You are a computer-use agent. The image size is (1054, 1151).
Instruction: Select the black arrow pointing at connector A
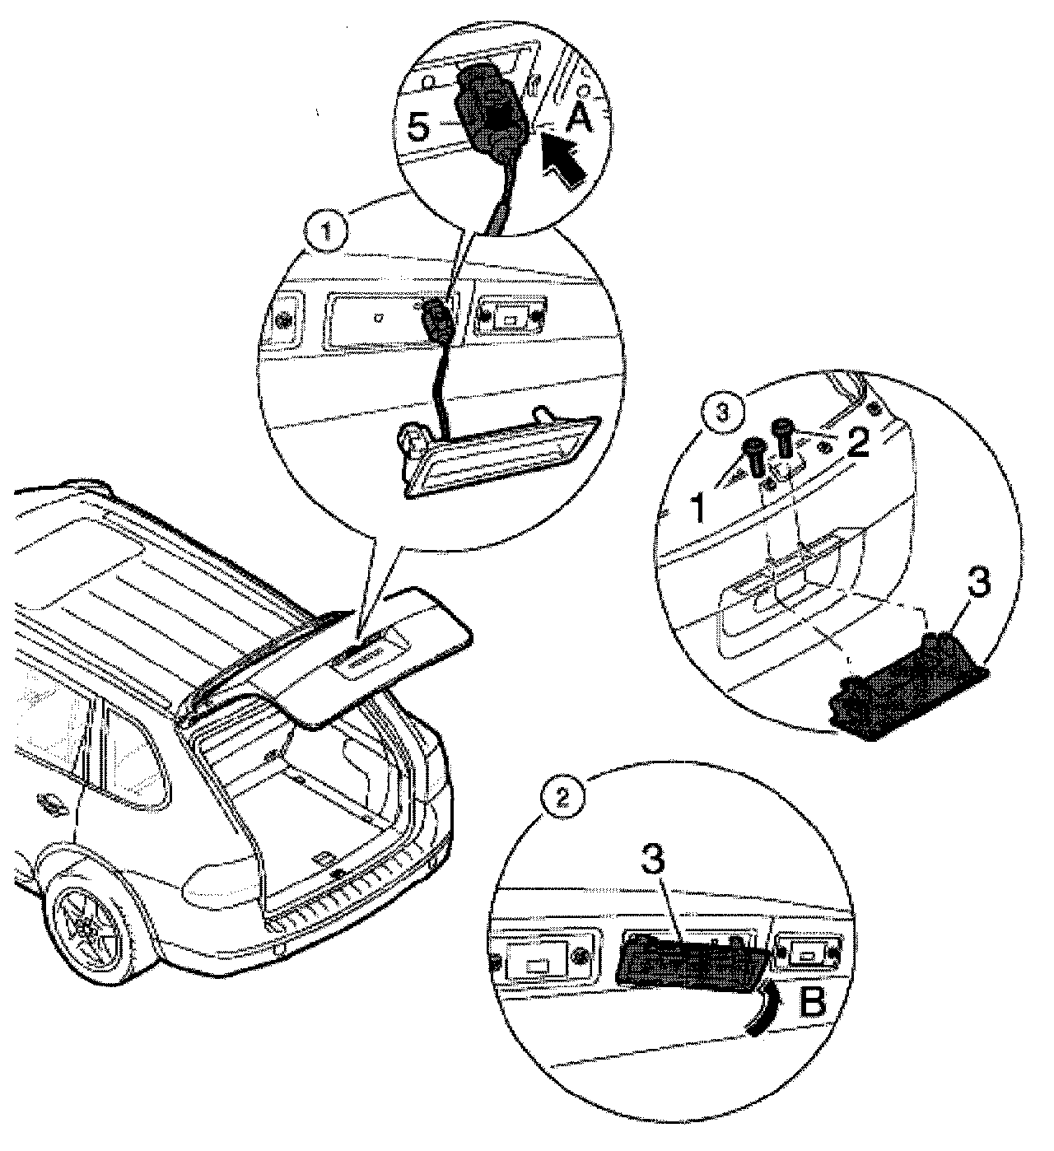tap(563, 161)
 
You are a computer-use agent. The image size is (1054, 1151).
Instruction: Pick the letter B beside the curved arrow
tap(810, 1002)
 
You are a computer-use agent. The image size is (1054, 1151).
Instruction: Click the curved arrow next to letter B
tap(760, 1000)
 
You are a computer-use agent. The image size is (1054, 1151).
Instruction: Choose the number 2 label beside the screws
tap(857, 445)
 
